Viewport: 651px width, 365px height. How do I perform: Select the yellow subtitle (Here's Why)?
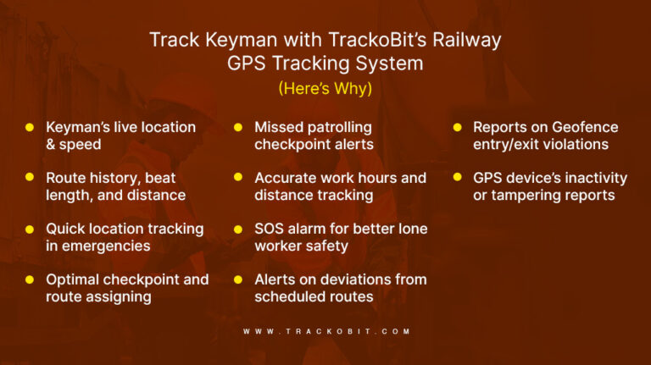(325, 86)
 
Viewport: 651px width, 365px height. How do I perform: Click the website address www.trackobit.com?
(325, 331)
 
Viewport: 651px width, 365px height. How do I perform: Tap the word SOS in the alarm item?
(270, 229)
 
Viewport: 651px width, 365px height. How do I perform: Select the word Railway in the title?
(465, 40)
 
